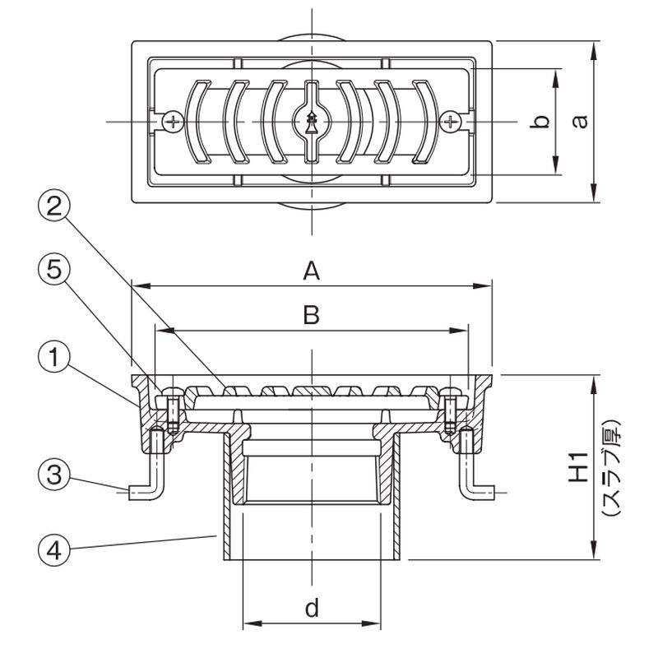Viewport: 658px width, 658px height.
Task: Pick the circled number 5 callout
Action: (x=53, y=270)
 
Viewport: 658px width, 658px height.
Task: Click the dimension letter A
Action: (x=310, y=271)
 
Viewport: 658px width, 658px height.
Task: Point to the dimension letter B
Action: (x=311, y=315)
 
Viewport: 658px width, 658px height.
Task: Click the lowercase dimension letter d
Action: (x=312, y=609)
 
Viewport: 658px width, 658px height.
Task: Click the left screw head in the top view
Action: (x=172, y=122)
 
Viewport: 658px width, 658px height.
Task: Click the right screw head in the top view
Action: (x=452, y=122)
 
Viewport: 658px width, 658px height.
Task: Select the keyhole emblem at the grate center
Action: (x=312, y=122)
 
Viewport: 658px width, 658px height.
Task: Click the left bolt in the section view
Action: (x=173, y=412)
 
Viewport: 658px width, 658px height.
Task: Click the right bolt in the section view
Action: (x=451, y=412)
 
